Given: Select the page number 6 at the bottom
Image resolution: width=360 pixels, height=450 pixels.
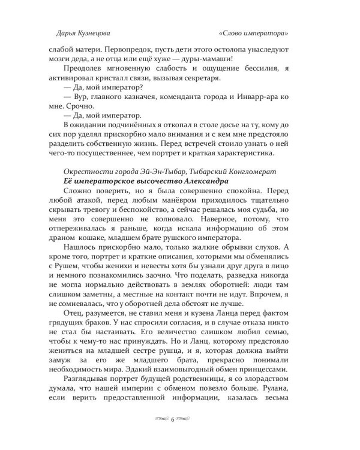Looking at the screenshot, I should pyautogui.click(x=173, y=419).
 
